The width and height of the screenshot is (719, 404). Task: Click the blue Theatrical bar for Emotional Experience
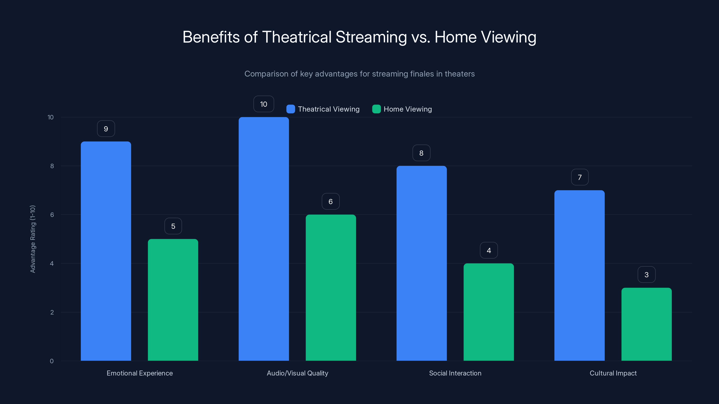tap(106, 251)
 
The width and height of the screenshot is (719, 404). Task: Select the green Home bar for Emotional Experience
tap(173, 300)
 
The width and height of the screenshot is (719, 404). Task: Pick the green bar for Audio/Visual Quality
tap(331, 288)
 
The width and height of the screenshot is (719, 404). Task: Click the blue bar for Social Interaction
tap(422, 263)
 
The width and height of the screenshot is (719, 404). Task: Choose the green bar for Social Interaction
tap(488, 312)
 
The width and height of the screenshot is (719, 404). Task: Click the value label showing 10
tap(264, 104)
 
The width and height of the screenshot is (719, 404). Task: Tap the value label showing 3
tap(646, 275)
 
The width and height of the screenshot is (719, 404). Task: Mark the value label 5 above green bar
tap(173, 226)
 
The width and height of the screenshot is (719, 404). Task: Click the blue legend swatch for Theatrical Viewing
tap(291, 109)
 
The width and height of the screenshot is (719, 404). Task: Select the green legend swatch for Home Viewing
tap(376, 109)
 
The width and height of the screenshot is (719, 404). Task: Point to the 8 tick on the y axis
tap(52, 166)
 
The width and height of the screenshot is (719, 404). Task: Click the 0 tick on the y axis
tap(52, 361)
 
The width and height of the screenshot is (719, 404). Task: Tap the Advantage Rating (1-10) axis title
tap(33, 239)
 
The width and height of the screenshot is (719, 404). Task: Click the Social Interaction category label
tap(455, 373)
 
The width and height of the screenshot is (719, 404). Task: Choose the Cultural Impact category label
tap(613, 373)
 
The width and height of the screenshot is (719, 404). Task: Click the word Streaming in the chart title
tap(371, 37)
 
